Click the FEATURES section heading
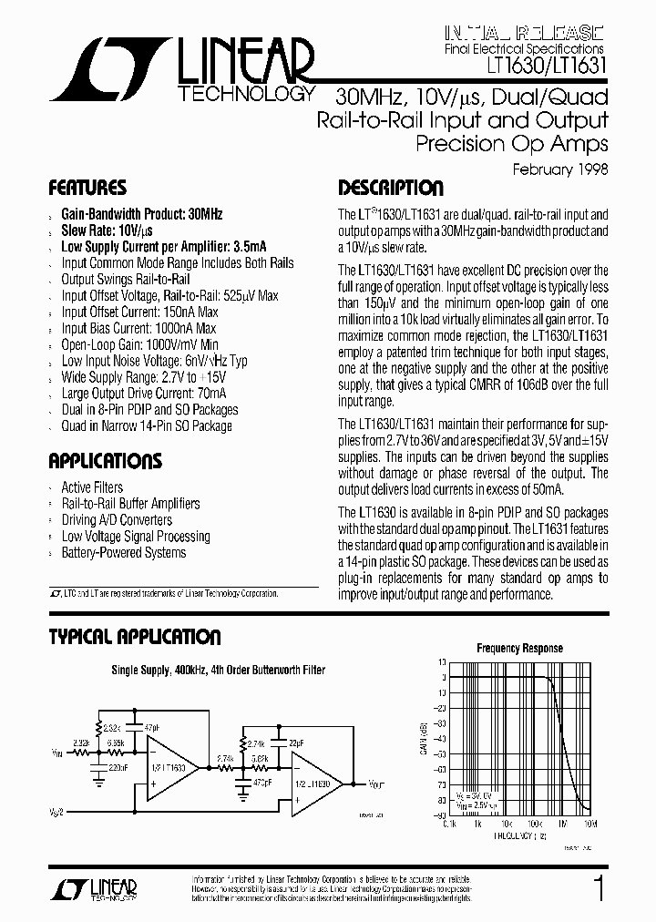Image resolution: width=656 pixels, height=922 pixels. (87, 189)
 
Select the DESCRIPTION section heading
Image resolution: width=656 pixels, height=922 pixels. (391, 189)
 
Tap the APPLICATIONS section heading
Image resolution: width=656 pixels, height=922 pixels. (105, 461)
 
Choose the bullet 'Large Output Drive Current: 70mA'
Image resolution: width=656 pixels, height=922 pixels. (143, 394)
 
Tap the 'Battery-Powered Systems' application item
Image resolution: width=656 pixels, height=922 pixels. (123, 553)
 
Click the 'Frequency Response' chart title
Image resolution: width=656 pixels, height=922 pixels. (519, 649)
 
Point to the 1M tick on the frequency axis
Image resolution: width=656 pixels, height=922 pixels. (562, 824)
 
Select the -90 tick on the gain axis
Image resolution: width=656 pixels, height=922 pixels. (439, 814)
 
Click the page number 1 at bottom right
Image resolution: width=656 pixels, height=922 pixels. (599, 888)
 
